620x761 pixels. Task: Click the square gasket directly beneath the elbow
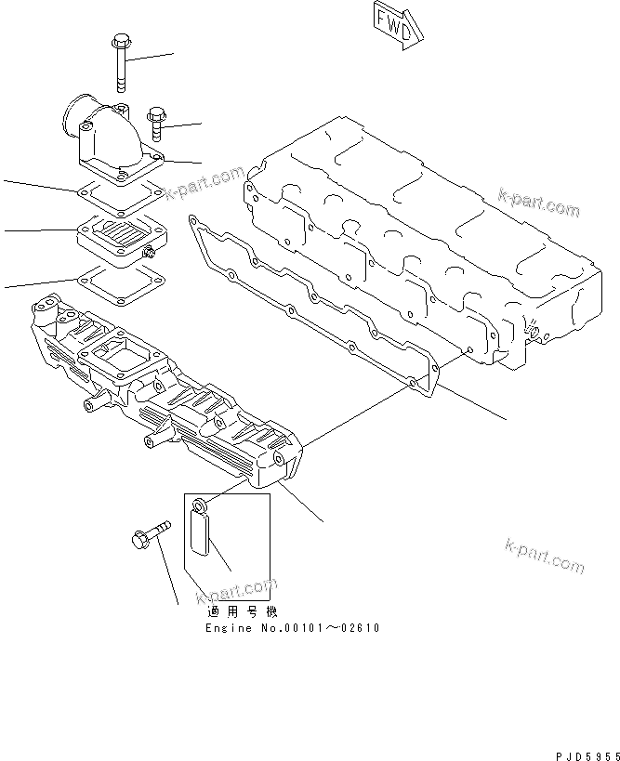120,195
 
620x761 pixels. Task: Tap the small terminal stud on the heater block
148,252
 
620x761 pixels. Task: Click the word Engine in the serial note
228,628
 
